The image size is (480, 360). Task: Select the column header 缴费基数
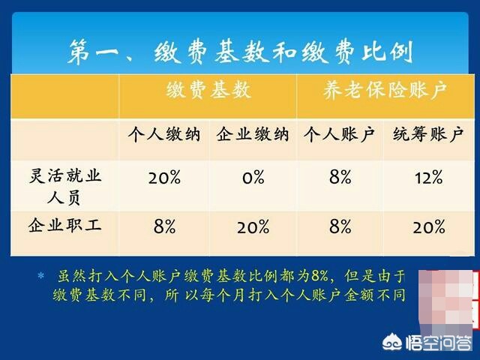click(x=208, y=92)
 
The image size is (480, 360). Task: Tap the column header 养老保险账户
click(x=383, y=92)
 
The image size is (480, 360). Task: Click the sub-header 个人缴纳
click(x=163, y=136)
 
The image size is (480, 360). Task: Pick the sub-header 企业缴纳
click(x=252, y=136)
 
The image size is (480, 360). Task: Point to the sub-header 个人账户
click(x=339, y=136)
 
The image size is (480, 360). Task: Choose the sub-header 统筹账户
click(x=427, y=136)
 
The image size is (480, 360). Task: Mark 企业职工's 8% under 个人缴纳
click(x=163, y=226)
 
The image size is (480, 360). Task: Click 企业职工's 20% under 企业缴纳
click(x=253, y=226)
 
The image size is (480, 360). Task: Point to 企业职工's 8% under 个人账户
click(x=340, y=226)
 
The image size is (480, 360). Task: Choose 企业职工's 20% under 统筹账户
click(x=427, y=226)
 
